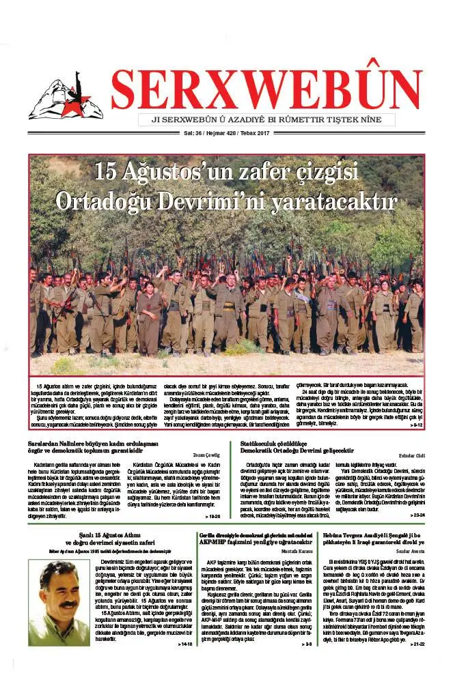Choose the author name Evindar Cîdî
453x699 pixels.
click(x=412, y=454)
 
